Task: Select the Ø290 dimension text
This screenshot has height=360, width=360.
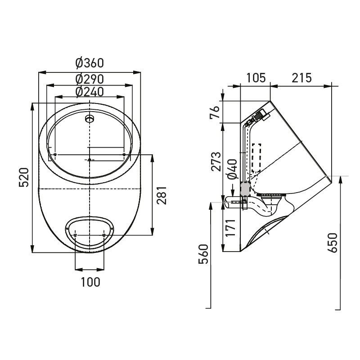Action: pos(90,78)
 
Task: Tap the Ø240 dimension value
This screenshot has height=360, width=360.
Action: pos(90,91)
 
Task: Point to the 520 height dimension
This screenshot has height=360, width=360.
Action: pos(24,177)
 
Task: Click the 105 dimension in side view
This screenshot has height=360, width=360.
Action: pos(255,77)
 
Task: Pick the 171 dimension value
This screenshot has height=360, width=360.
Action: pos(230,228)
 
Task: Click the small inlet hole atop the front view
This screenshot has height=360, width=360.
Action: pos(90,119)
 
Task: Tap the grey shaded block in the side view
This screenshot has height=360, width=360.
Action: pos(245,189)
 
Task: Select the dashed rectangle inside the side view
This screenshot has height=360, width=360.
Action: pos(256,157)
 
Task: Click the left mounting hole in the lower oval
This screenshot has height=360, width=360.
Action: pos(75,235)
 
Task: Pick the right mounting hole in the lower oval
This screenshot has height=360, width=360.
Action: pos(104,235)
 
